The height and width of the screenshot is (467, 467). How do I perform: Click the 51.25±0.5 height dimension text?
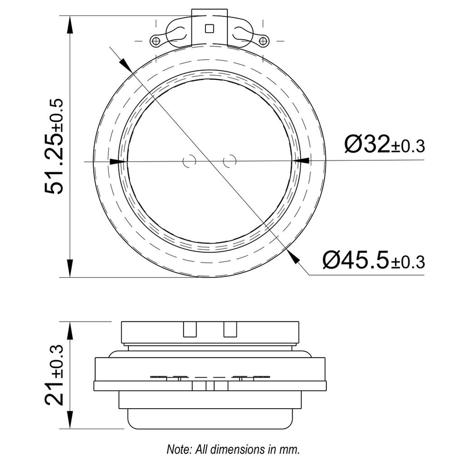(x=54, y=146)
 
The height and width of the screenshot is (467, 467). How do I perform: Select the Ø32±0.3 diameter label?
(x=384, y=144)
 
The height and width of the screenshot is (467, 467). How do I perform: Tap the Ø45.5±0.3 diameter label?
(x=374, y=260)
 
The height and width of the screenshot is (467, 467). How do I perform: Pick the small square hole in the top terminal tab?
(x=209, y=28)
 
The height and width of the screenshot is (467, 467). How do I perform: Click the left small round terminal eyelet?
(x=156, y=41)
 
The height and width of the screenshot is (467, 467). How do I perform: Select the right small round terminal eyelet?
(x=262, y=41)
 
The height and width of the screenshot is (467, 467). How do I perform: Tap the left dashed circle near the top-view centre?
(x=189, y=161)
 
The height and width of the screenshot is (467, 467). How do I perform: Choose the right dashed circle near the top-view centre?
(x=230, y=161)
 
